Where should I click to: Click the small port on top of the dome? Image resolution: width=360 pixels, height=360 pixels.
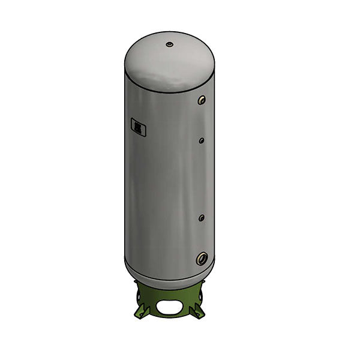pyautogui.click(x=170, y=44)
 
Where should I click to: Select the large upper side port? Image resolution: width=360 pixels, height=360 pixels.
pyautogui.click(x=203, y=100)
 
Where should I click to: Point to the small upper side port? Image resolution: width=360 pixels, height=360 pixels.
pyautogui.click(x=202, y=141)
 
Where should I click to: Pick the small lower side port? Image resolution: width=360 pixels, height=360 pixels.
pyautogui.click(x=202, y=217)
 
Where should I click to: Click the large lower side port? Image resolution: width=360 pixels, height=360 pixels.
pyautogui.click(x=201, y=259)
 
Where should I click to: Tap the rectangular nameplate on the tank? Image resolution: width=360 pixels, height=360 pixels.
pyautogui.click(x=137, y=128)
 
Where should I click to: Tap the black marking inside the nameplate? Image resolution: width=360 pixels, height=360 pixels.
pyautogui.click(x=137, y=128)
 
